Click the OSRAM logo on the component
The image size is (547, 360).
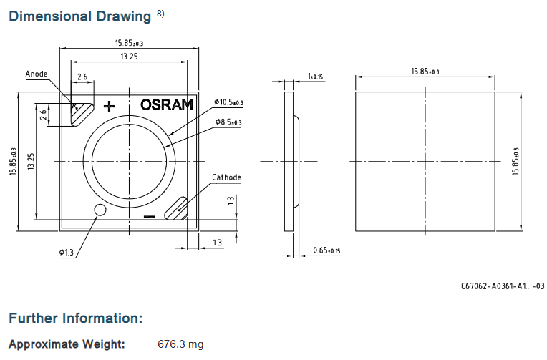click(x=166, y=104)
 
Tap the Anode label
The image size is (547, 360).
click(x=37, y=74)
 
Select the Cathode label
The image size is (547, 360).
click(x=226, y=177)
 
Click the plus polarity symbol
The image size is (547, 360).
click(x=110, y=106)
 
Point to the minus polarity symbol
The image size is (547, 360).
click(x=150, y=217)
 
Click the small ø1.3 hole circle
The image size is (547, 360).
click(x=100, y=210)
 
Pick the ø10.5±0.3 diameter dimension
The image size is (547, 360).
click(x=229, y=102)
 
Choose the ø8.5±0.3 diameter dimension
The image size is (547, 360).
click(x=228, y=122)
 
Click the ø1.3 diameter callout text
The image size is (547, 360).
click(x=67, y=252)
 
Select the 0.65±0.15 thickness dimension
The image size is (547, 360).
click(x=326, y=250)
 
